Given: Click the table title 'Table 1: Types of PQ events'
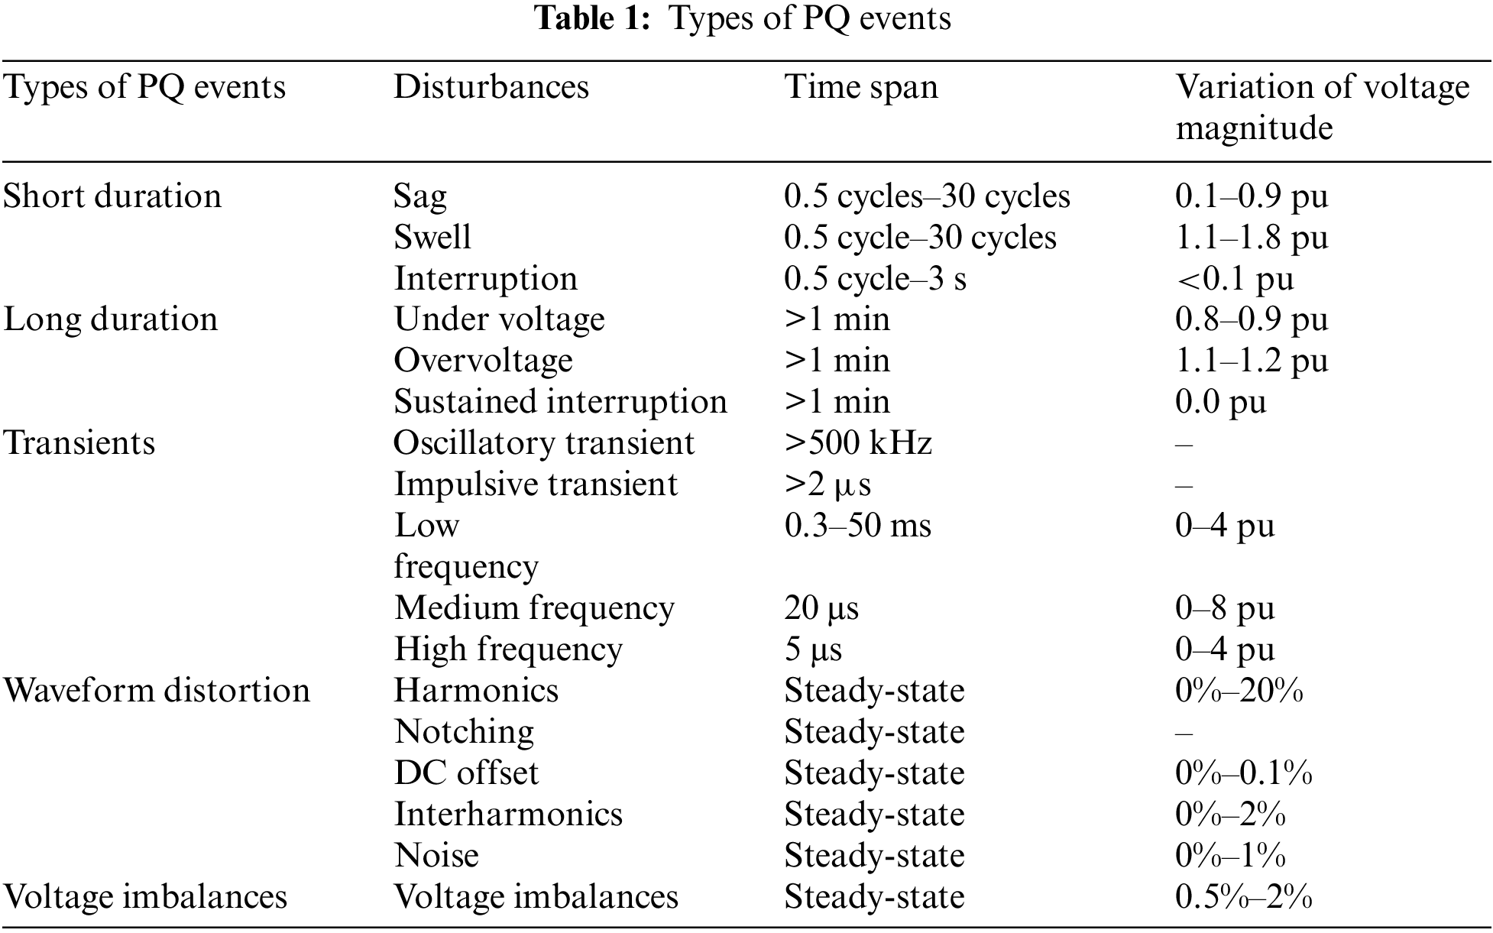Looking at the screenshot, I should (x=743, y=18).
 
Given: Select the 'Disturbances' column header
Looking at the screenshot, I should (x=491, y=87).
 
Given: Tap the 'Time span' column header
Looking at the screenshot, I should (x=861, y=87).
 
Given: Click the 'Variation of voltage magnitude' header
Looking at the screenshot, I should (x=1321, y=107).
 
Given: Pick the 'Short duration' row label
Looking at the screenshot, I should (x=112, y=196).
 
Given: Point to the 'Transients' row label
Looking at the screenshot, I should (x=79, y=443).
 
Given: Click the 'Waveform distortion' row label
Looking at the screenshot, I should (x=157, y=691).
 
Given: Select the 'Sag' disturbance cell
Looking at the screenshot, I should (x=419, y=197).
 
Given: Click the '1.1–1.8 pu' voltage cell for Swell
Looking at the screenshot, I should (x=1251, y=238).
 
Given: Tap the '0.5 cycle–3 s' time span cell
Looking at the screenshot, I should (x=875, y=279).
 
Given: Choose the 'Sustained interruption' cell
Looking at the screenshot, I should (x=560, y=402).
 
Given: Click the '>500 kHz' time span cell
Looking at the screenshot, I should (x=858, y=443).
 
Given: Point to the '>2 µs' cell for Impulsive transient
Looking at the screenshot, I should (x=827, y=484).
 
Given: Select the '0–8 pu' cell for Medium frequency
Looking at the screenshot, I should (x=1225, y=608).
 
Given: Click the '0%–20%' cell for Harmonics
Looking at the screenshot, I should (x=1239, y=691).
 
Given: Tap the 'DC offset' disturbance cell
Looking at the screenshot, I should (x=466, y=773).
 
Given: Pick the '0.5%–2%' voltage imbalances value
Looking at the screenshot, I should (x=1243, y=897).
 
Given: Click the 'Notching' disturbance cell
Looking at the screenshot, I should (x=464, y=732).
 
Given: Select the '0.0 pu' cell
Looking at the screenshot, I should (x=1220, y=402).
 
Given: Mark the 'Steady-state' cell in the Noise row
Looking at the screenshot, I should (x=874, y=856).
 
